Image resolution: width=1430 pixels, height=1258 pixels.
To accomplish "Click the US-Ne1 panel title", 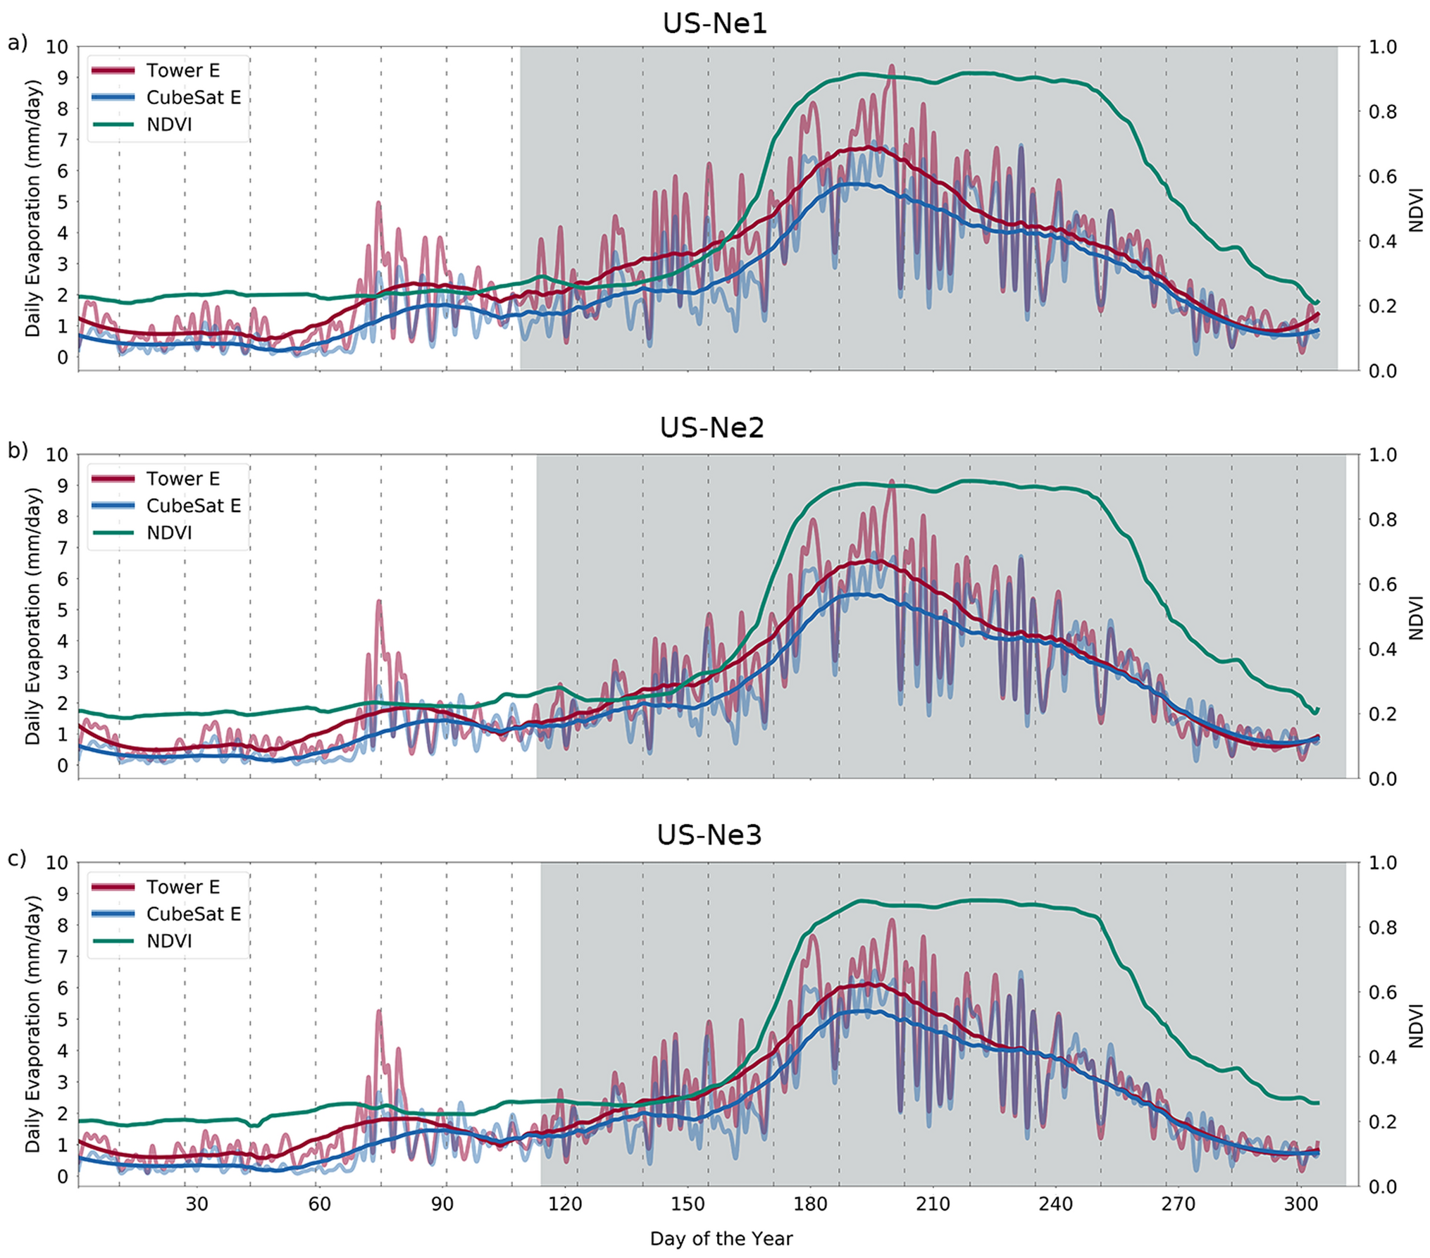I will (x=714, y=23).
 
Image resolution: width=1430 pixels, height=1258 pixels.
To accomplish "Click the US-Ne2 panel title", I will (x=711, y=428).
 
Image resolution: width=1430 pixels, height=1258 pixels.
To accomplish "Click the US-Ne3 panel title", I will (x=709, y=835).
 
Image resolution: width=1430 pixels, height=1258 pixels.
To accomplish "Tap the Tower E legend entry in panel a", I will (x=182, y=70).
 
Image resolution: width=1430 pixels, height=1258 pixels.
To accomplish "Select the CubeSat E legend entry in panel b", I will (x=193, y=506).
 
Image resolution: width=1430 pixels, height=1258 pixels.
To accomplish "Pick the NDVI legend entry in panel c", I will (x=169, y=941).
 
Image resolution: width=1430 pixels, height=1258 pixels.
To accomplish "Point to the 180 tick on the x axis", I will (x=810, y=1204).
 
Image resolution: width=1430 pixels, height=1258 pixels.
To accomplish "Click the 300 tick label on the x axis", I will (x=1300, y=1204).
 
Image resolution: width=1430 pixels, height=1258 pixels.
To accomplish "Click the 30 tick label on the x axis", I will (x=197, y=1204).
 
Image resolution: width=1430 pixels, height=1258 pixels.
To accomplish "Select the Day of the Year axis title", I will (x=721, y=1238).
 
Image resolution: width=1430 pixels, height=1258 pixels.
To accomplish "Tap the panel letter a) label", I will (x=17, y=43).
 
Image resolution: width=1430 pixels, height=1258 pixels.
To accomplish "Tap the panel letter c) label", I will (x=17, y=859).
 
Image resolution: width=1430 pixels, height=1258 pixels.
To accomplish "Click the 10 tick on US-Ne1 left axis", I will (x=57, y=47).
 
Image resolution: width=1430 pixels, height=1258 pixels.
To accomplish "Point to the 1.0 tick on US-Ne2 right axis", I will (x=1382, y=455).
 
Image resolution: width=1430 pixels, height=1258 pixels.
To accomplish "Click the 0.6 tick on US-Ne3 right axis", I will (x=1382, y=992).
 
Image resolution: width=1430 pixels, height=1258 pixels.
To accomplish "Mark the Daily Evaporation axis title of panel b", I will (x=32, y=616).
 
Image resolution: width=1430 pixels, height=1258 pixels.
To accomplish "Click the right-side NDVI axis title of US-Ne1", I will (x=1416, y=209).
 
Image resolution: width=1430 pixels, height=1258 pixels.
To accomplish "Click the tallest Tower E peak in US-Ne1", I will (x=891, y=66).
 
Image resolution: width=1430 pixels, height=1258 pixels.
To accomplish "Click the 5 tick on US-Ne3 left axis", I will (x=63, y=1019).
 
